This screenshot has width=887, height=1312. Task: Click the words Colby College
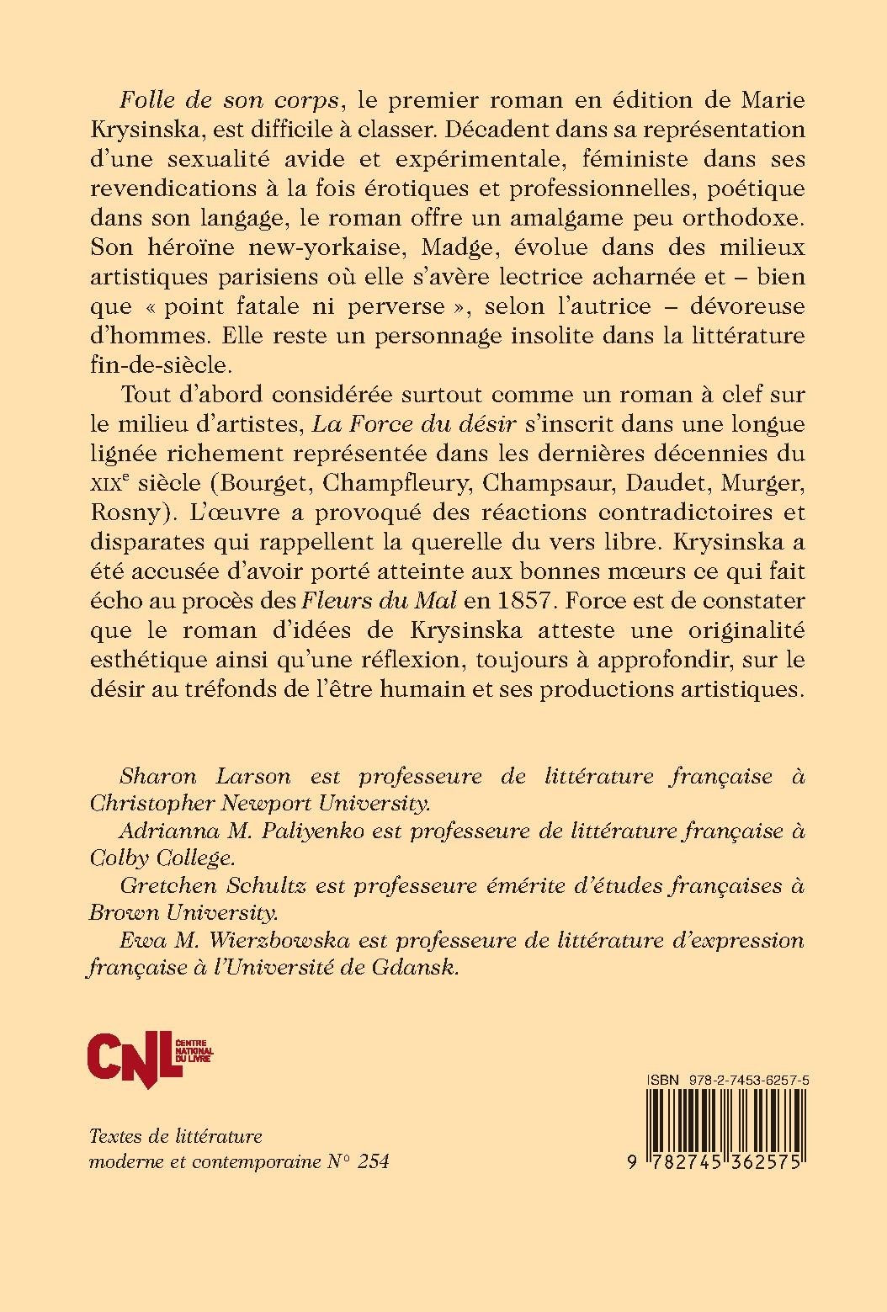161,858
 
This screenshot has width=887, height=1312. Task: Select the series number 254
372,1162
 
